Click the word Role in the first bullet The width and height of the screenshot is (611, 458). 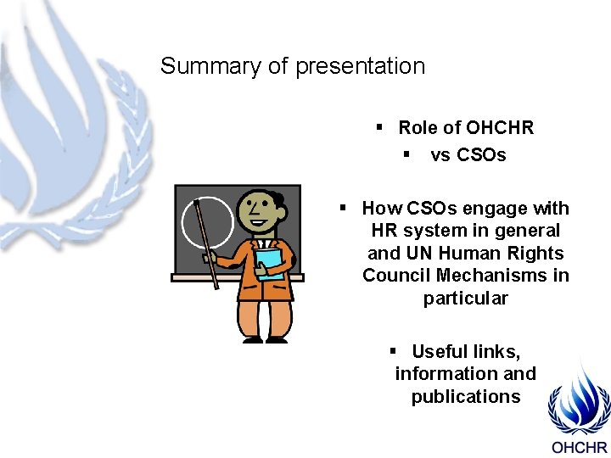point(417,128)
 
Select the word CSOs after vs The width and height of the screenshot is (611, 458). point(482,155)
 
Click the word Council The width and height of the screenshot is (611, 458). point(394,276)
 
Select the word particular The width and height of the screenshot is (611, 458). point(466,299)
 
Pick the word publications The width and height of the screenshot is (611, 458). point(466,397)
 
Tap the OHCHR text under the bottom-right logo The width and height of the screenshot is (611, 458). point(580,447)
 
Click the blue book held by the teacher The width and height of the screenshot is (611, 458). point(270,263)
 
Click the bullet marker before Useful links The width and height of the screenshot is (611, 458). point(394,351)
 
